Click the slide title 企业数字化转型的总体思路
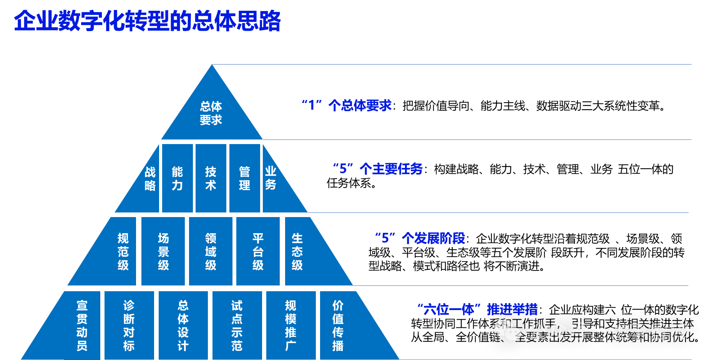pyautogui.click(x=148, y=21)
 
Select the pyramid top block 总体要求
pyautogui.click(x=211, y=113)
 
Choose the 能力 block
pyautogui.click(x=177, y=179)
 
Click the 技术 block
pyautogui.click(x=211, y=179)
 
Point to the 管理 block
pyautogui.click(x=244, y=179)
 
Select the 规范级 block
pyautogui.click(x=123, y=252)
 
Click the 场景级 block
pyautogui.click(x=163, y=252)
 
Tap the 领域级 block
pyautogui.click(x=211, y=252)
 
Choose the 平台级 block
pyautogui.click(x=258, y=252)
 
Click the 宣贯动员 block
pyautogui.click(x=82, y=326)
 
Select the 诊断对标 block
pyautogui.click(x=129, y=326)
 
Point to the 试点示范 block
pyautogui.click(x=237, y=326)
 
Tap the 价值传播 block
pyautogui.click(x=338, y=326)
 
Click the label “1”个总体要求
pyautogui.click(x=347, y=105)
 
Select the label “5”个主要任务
pyautogui.click(x=378, y=169)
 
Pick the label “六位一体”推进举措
pyautogui.click(x=478, y=309)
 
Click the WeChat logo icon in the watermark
pyautogui.click(x=508, y=330)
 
